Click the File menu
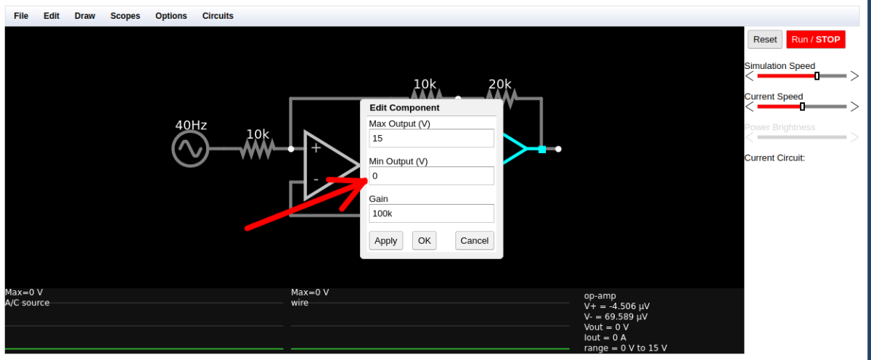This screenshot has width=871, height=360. coord(21,16)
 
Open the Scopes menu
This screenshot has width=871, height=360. coord(125,16)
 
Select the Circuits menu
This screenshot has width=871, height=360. coord(218,16)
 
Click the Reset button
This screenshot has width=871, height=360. coord(765,40)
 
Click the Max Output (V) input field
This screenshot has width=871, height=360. coord(431,139)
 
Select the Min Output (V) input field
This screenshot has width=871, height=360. coord(431,176)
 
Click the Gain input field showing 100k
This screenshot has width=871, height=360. coord(431,213)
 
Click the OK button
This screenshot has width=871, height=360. coord(424,241)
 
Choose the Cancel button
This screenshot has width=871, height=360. coord(475,241)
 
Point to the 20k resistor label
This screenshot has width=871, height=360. coord(499,84)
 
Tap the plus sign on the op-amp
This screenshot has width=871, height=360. coord(316,148)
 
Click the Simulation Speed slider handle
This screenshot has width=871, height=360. coord(817,75)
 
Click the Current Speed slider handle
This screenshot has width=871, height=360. coord(802,107)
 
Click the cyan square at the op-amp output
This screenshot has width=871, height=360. coord(542,150)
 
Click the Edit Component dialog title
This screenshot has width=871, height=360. coord(404,107)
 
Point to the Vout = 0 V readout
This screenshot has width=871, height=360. coord(606,327)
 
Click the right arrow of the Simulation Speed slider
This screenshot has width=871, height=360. coord(854,75)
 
